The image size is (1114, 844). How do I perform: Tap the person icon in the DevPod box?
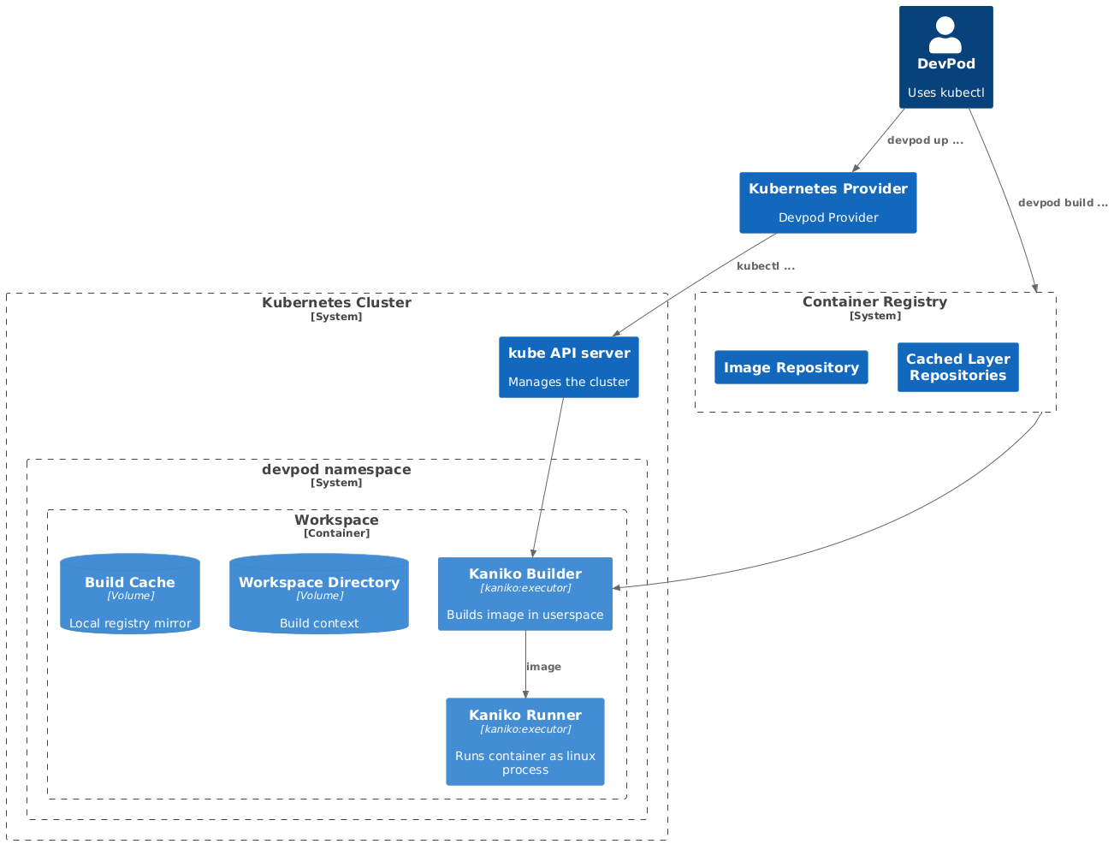click(x=945, y=35)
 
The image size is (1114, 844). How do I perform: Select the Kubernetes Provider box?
click(x=827, y=203)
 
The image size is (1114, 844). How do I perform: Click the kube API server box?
click(x=568, y=367)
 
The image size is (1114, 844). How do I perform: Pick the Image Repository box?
click(x=791, y=367)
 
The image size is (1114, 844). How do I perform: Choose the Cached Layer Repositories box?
click(x=957, y=367)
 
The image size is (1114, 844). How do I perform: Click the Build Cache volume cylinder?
click(x=130, y=594)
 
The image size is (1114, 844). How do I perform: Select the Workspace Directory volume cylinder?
click(x=318, y=594)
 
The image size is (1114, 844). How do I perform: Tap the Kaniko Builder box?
click(x=524, y=594)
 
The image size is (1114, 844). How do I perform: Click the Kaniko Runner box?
click(x=524, y=741)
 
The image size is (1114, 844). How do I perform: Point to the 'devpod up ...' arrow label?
click(x=925, y=140)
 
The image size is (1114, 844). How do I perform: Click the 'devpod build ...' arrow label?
click(x=1063, y=203)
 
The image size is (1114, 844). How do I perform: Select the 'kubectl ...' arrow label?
click(x=765, y=266)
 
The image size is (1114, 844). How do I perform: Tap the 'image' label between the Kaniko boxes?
click(x=543, y=667)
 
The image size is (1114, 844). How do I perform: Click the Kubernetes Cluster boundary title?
click(x=336, y=303)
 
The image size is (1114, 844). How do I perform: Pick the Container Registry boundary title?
click(x=874, y=302)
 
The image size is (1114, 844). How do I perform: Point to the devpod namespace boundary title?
click(x=336, y=470)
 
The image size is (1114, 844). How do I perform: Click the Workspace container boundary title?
click(x=336, y=520)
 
